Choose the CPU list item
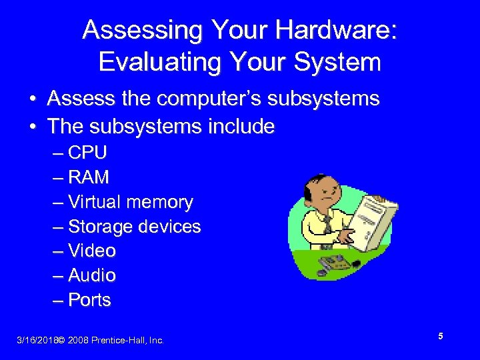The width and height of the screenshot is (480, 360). pyautogui.click(x=87, y=153)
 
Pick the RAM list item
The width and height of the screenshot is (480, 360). pyautogui.click(x=88, y=177)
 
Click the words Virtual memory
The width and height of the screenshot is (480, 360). pyautogui.click(x=130, y=202)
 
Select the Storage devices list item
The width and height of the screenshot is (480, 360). pyautogui.click(x=134, y=227)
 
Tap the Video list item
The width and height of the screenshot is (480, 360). pyautogui.click(x=91, y=251)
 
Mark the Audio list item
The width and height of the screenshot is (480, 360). pyautogui.click(x=91, y=275)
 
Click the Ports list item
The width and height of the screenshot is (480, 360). pyautogui.click(x=89, y=300)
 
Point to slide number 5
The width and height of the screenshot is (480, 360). pyautogui.click(x=441, y=337)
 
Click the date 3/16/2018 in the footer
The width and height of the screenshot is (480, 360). pyautogui.click(x=36, y=341)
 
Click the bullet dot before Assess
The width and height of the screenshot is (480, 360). pyautogui.click(x=32, y=100)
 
